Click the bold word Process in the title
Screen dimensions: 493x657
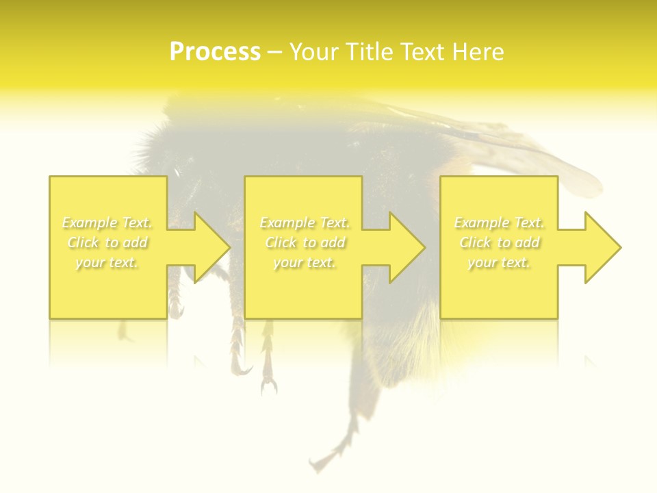click(x=215, y=52)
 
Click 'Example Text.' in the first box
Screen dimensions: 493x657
click(x=107, y=223)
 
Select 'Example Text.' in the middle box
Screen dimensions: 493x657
click(x=305, y=223)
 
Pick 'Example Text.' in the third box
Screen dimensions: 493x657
click(x=499, y=223)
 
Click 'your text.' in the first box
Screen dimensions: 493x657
click(x=107, y=262)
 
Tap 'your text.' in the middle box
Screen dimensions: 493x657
click(x=305, y=262)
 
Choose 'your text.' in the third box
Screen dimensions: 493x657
click(x=499, y=262)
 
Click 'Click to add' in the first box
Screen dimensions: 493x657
click(x=107, y=242)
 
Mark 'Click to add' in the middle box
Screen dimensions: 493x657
click(x=305, y=242)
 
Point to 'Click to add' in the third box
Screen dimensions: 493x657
click(x=499, y=242)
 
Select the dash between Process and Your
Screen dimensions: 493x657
click(x=274, y=53)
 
